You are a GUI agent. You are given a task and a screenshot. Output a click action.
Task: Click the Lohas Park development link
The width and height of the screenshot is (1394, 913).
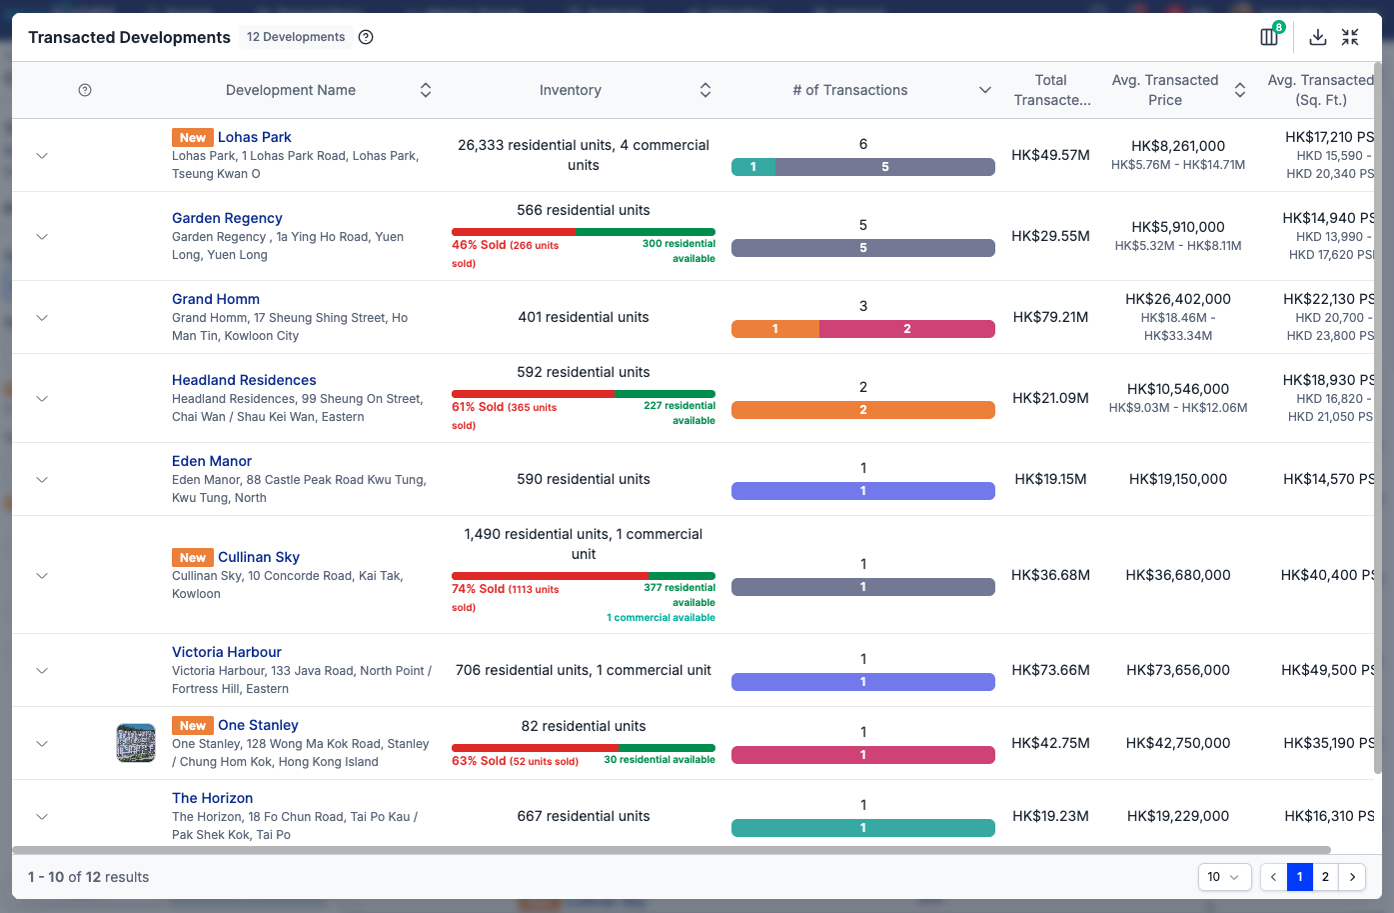[254, 137]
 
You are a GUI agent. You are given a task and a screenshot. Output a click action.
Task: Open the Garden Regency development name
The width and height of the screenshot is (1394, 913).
[227, 218]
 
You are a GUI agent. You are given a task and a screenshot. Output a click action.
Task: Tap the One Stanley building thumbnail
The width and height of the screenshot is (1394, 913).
[136, 742]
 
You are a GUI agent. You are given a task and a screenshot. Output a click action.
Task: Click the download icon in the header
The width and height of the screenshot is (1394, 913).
[1317, 37]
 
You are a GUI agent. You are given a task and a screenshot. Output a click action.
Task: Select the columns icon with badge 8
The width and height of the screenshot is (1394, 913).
[1269, 37]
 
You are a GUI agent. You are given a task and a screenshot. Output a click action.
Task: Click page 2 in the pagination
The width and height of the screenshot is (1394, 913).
[1325, 877]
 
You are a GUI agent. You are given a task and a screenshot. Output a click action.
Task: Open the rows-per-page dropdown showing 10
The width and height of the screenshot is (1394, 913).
[1224, 877]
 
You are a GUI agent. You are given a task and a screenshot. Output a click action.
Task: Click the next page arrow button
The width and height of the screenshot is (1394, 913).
[1352, 877]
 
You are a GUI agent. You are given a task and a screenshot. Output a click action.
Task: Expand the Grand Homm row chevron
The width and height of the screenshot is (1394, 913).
[42, 318]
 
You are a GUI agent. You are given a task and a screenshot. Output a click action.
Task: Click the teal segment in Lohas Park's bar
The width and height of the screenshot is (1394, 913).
[753, 167]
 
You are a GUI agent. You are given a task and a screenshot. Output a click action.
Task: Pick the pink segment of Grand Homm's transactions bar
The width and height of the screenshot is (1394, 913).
[906, 329]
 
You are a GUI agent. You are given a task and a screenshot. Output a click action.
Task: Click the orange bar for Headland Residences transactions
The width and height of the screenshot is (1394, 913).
[863, 410]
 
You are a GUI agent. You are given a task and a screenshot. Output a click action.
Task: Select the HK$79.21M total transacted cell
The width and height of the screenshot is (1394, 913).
[1050, 317]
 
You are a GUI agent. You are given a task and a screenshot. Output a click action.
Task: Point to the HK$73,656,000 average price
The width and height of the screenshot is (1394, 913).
[1177, 670]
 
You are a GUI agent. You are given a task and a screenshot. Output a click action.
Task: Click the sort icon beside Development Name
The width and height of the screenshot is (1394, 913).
[426, 90]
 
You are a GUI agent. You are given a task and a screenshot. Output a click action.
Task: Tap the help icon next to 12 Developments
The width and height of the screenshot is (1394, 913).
[366, 37]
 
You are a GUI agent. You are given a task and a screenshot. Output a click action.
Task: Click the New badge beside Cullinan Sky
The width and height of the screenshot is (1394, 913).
[192, 557]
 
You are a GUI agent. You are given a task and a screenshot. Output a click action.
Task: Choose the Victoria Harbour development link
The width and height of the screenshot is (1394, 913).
[227, 652]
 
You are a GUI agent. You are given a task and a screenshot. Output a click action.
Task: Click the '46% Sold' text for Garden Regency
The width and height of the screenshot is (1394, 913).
[479, 245]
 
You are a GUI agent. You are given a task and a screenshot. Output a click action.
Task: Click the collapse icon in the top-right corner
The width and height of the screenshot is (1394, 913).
[1350, 37]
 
